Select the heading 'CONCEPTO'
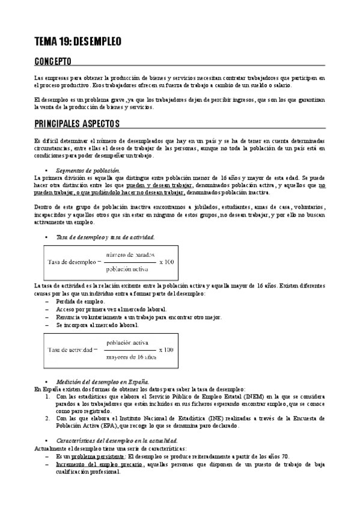(x=53, y=62)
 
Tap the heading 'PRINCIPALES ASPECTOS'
(x=77, y=123)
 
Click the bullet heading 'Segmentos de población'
(x=88, y=171)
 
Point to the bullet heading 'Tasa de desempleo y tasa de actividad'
(x=105, y=238)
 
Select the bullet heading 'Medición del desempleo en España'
(x=102, y=382)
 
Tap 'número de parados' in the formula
(x=128, y=255)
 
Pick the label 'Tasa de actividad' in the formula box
(x=70, y=349)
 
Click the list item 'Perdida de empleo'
(x=80, y=301)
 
